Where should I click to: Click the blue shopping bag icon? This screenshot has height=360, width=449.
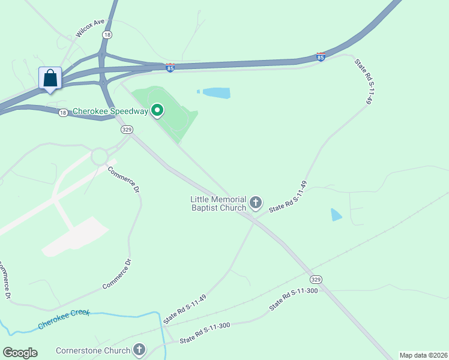coord(50,79)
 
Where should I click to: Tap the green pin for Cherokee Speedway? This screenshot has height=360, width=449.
coord(157,110)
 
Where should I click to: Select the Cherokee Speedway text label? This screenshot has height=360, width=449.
coord(110,112)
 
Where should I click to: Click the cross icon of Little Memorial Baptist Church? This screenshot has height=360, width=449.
coord(256,203)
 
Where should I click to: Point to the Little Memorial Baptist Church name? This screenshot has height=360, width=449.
coord(218,203)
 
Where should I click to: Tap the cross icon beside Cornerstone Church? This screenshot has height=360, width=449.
coord(139,349)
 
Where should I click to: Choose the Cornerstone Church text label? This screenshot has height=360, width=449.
coord(93,350)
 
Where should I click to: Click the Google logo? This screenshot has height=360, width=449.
coord(20,353)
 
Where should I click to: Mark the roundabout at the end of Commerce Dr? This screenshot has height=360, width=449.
coord(100,157)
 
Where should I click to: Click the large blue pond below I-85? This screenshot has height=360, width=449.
coord(216,92)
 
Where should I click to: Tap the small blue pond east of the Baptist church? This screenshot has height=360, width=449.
coord(336,214)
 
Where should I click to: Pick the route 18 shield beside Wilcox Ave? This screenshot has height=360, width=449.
coord(107,35)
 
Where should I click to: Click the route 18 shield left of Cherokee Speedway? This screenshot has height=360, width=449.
coord(63,112)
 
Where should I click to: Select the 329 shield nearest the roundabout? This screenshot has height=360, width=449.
coord(126,130)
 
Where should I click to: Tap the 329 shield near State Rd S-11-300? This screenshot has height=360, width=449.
coord(316,280)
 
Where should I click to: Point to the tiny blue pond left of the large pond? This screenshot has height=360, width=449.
coord(198,92)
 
